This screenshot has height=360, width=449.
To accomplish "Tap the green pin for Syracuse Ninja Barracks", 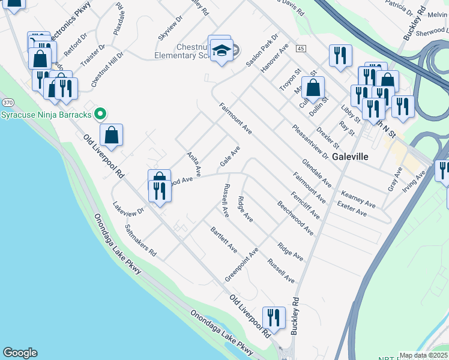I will [x=101, y=113].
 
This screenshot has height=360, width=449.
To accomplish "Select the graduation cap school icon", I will [x=221, y=52].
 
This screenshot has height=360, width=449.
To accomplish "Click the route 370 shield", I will [x=7, y=103].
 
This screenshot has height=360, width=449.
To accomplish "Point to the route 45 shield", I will [x=301, y=48].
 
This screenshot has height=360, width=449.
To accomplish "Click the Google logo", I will [x=19, y=353].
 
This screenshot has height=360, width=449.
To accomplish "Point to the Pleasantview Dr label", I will [x=310, y=142].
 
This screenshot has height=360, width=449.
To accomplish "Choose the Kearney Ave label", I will [x=358, y=199].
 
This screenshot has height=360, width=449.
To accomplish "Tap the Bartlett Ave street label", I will [x=223, y=240].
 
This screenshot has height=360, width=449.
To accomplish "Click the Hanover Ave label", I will [x=274, y=58].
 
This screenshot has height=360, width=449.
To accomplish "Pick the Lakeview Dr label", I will [x=128, y=208].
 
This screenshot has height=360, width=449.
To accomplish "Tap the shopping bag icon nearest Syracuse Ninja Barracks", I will [x=112, y=135].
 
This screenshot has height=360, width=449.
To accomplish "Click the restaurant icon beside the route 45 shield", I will [x=340, y=55].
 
